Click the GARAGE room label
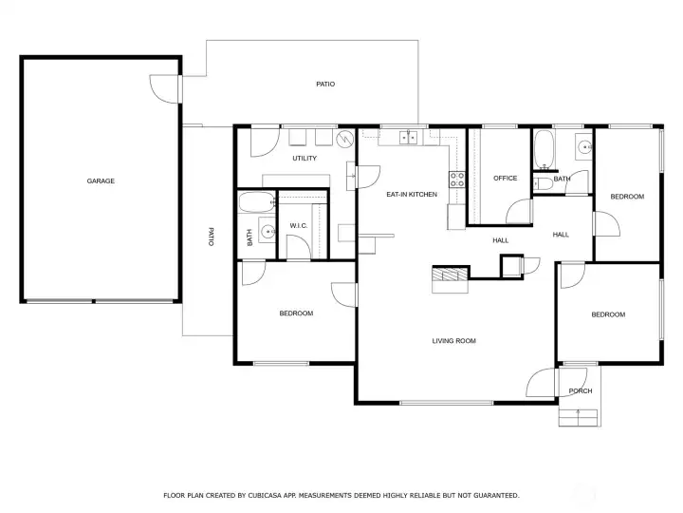coord(101,180)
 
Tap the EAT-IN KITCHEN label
coord(412,194)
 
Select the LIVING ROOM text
coord(453,341)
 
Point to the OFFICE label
coord(506,178)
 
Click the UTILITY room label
coord(305,158)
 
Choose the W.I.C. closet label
coord(299,225)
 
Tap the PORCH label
coord(581,390)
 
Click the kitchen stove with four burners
coord(457,180)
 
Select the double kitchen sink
coord(408,138)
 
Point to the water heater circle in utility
coord(345,139)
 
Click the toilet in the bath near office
coord(543,183)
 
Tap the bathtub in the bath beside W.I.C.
coord(257,202)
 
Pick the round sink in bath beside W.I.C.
coord(267,230)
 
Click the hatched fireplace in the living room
coord(450,274)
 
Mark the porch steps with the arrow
coord(578,418)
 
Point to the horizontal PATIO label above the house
coord(325,84)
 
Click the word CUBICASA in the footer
coord(265,495)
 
